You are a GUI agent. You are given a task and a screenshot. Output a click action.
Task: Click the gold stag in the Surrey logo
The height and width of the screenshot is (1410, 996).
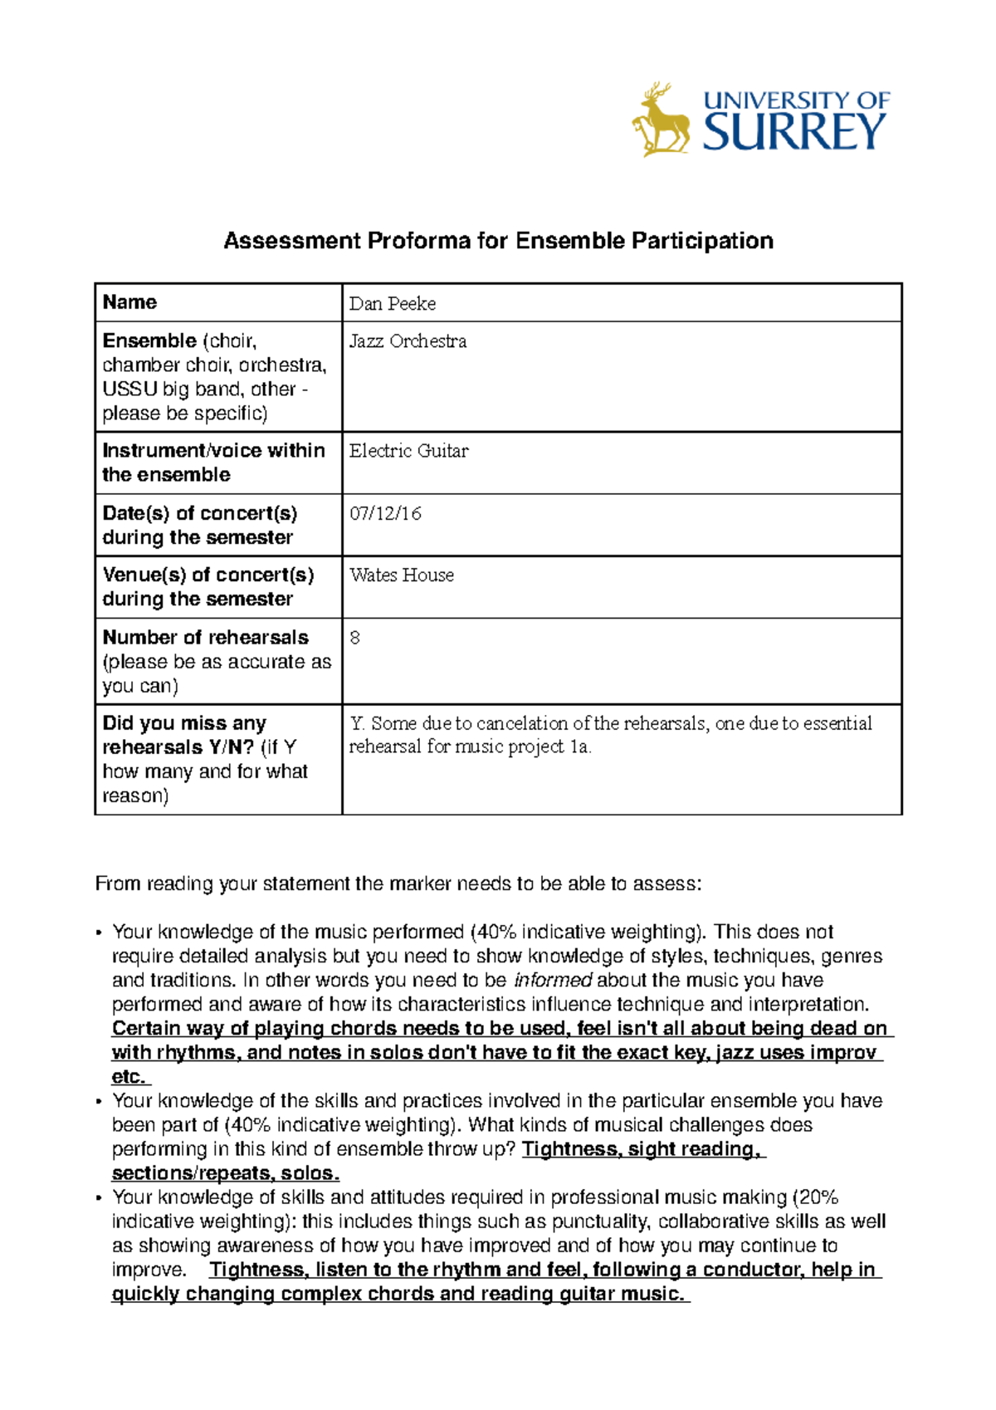pyautogui.click(x=661, y=121)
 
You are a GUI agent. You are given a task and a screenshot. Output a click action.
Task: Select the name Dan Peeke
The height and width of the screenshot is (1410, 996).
pyautogui.click(x=392, y=304)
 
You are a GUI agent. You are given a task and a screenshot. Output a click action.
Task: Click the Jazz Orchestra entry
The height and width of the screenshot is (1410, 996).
pyautogui.click(x=408, y=341)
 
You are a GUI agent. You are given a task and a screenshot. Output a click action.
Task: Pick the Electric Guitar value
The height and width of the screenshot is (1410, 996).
pyautogui.click(x=408, y=451)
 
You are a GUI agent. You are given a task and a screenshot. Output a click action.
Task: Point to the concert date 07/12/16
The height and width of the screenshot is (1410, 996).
pyautogui.click(x=385, y=513)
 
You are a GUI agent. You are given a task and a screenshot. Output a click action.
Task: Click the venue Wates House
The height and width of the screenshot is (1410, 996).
pyautogui.click(x=402, y=575)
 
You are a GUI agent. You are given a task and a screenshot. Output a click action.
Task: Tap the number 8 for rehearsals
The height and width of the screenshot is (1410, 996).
pyautogui.click(x=355, y=638)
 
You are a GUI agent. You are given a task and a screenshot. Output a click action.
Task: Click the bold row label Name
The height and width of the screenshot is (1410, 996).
pyautogui.click(x=129, y=302)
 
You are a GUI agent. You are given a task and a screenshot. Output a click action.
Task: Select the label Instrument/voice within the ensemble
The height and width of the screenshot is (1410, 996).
pyautogui.click(x=212, y=463)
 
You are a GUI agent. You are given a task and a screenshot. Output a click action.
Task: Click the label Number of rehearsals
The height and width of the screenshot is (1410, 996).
pyautogui.click(x=205, y=638)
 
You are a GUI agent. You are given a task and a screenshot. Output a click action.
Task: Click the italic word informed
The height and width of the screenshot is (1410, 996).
pyautogui.click(x=553, y=980)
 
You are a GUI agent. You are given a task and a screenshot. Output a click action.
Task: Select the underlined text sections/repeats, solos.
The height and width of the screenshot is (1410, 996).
pyautogui.click(x=225, y=1173)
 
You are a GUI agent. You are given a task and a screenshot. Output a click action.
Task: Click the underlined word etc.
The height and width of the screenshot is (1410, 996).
pyautogui.click(x=129, y=1077)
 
